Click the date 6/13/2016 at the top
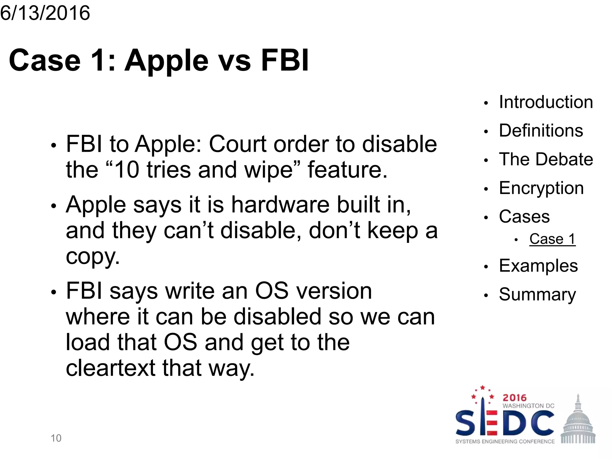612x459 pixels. pyautogui.click(x=45, y=13)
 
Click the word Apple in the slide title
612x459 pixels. pyautogui.click(x=166, y=61)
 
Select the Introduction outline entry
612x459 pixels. pyautogui.click(x=546, y=102)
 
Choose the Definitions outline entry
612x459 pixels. pyautogui.click(x=541, y=131)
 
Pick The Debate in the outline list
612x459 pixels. pyautogui.click(x=546, y=159)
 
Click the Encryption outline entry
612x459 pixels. pyautogui.click(x=541, y=188)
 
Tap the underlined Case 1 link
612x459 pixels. pyautogui.click(x=552, y=239)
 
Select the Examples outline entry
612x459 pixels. pyautogui.click(x=538, y=266)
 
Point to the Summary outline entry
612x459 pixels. pyautogui.click(x=537, y=294)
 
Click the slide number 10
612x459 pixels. pyautogui.click(x=56, y=438)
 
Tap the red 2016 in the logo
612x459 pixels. pyautogui.click(x=514, y=398)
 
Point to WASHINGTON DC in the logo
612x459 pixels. pyautogui.click(x=528, y=406)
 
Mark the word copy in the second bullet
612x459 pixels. pyautogui.click(x=92, y=256)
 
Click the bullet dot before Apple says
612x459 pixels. pyautogui.click(x=53, y=206)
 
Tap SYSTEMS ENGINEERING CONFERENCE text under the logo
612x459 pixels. pyautogui.click(x=505, y=442)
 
